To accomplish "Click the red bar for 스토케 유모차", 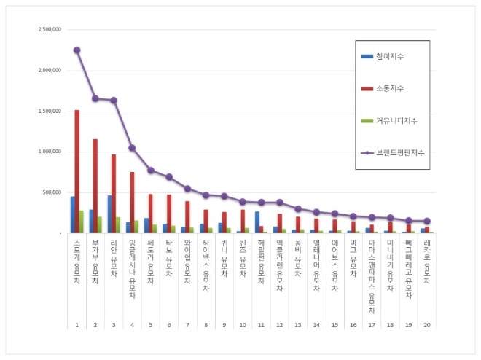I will pyautogui.click(x=77, y=171).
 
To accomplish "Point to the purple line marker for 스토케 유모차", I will pyautogui.click(x=77, y=50).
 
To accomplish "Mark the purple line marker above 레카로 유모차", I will pyautogui.click(x=426, y=221).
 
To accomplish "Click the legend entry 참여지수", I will pyautogui.click(x=387, y=56).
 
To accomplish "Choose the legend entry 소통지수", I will pyautogui.click(x=387, y=88).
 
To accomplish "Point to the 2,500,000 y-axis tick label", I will pyautogui.click(x=50, y=30).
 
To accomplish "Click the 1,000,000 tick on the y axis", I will pyautogui.click(x=50, y=152).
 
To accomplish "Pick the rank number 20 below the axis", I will pyautogui.click(x=426, y=324).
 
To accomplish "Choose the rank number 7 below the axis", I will pyautogui.click(x=187, y=324).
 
